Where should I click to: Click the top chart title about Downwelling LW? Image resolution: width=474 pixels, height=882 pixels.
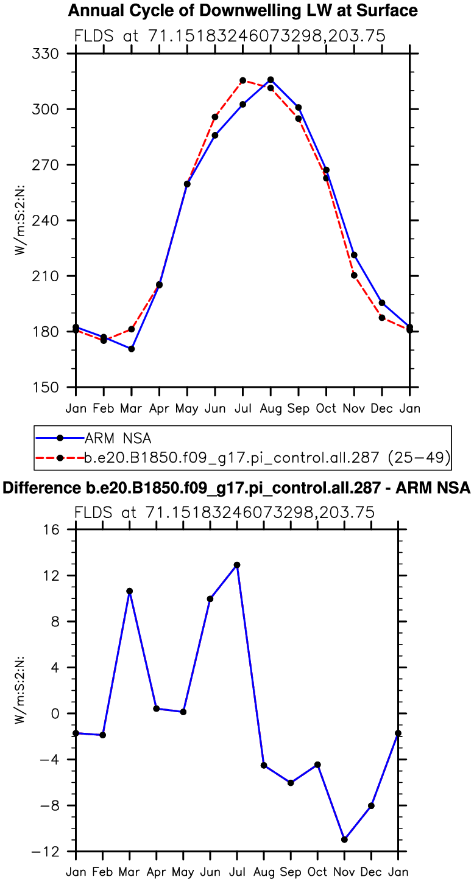click(242, 10)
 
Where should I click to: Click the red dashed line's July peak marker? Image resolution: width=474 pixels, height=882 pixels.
click(242, 80)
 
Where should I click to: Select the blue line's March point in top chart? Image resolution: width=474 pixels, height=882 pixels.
click(131, 349)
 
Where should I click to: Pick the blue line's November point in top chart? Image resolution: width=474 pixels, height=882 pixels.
click(354, 255)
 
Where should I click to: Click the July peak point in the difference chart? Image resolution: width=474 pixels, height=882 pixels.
click(237, 565)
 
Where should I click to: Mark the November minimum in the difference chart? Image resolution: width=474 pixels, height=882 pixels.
click(344, 839)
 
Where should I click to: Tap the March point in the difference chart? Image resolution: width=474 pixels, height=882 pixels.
click(130, 591)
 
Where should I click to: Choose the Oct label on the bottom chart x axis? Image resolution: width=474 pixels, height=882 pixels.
click(317, 872)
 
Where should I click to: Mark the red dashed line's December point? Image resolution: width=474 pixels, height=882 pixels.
click(382, 318)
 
